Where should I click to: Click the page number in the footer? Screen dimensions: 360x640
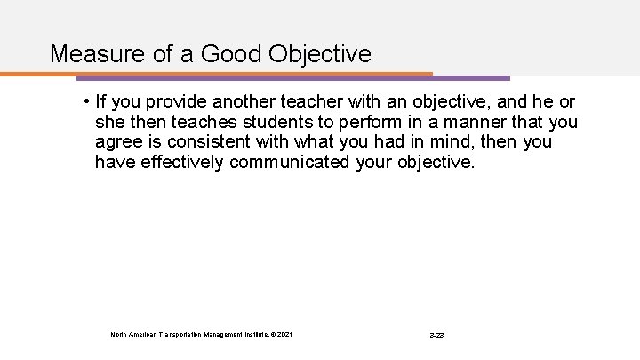click(437, 334)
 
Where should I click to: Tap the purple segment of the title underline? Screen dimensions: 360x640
click(471, 77)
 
